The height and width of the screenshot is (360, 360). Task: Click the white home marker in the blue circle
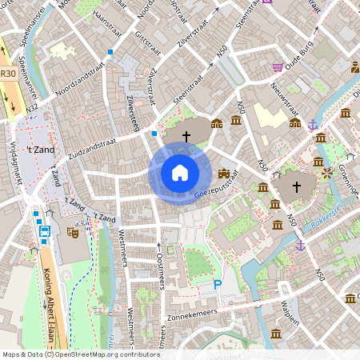pos(179,172)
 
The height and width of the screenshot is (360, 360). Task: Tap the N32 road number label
pos(33,107)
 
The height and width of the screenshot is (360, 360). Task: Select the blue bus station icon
pos(45,232)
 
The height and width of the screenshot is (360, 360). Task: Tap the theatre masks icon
pos(72,233)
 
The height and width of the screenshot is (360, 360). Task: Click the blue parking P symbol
pos(217,285)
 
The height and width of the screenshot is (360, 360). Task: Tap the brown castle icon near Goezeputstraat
pos(224,173)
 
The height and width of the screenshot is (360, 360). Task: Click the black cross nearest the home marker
pos(186,137)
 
